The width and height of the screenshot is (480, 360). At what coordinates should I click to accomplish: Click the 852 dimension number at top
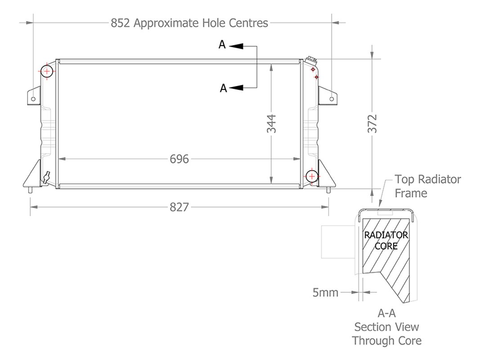click(x=121, y=22)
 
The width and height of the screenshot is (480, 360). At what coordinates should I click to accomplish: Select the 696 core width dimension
click(x=179, y=159)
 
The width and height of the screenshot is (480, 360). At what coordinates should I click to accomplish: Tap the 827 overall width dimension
click(x=179, y=207)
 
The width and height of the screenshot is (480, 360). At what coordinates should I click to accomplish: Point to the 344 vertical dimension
click(x=271, y=124)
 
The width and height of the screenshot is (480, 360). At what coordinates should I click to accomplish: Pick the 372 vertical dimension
click(x=372, y=124)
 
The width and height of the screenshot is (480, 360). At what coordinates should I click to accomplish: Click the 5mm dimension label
click(x=325, y=292)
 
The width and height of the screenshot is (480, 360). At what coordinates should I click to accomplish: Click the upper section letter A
click(x=222, y=45)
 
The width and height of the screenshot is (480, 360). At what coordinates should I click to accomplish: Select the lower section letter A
click(x=223, y=88)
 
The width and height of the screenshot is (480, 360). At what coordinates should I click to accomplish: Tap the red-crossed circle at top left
click(x=47, y=71)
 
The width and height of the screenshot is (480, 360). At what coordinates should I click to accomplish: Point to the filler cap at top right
click(x=310, y=60)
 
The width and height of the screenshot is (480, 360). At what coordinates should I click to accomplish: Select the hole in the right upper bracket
click(x=332, y=99)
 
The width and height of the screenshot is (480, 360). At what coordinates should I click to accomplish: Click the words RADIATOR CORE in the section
click(x=386, y=240)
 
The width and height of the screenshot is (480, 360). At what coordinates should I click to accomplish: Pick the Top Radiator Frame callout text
click(x=427, y=186)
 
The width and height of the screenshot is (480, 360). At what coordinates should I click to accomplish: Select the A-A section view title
click(x=386, y=327)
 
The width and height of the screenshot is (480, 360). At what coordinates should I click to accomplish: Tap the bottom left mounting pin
click(x=30, y=190)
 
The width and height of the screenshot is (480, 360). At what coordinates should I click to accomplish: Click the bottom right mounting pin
click(x=328, y=190)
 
